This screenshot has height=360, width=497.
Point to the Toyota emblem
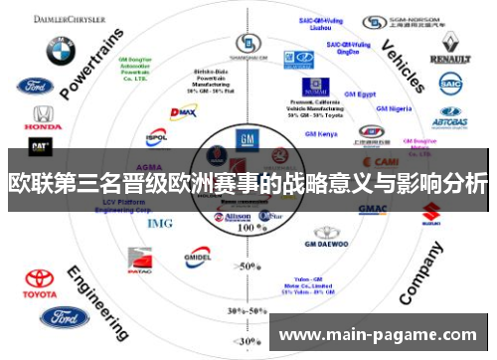40,280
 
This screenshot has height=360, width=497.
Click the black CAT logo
39,146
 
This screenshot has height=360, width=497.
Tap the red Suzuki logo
431,211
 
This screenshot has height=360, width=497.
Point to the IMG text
159,223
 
